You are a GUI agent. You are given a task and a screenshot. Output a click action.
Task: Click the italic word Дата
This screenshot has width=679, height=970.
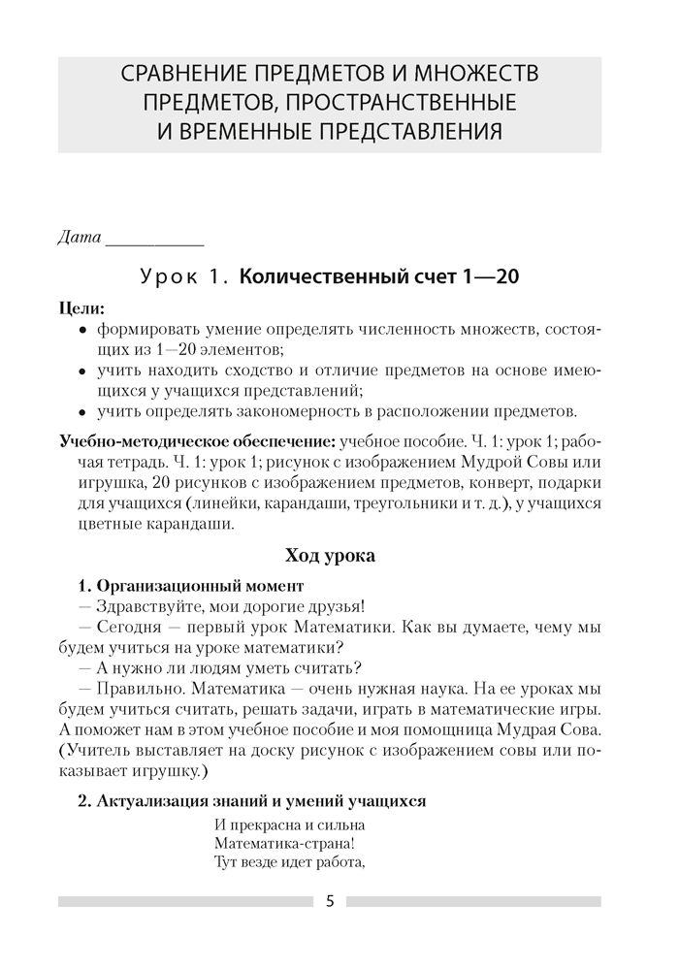pyautogui.click(x=79, y=237)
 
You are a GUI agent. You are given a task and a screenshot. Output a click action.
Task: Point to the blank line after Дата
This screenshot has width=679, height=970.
pyautogui.click(x=153, y=241)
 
